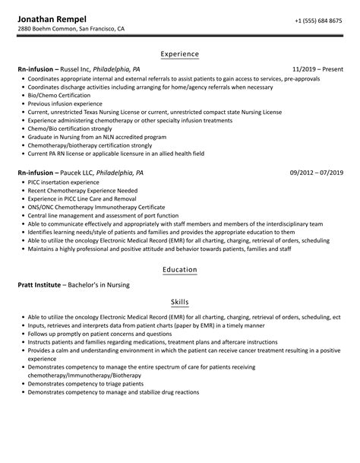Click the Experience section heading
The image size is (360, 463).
point(180,54)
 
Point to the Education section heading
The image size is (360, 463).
point(180,269)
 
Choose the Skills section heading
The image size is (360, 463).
point(180,302)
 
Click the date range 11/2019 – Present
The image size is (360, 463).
point(317,69)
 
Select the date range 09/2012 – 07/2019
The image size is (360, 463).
point(315,173)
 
